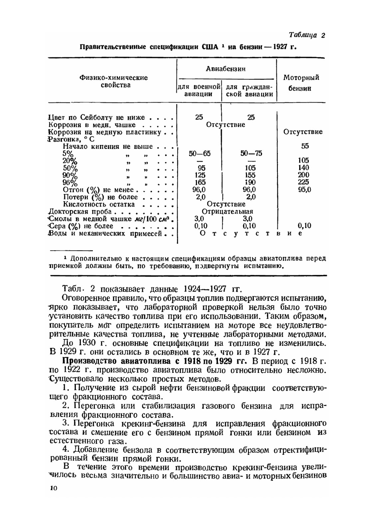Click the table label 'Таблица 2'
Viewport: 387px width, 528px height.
tap(307, 35)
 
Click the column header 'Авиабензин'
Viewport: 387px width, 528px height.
tap(226, 69)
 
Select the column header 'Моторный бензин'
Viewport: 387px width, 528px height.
tap(301, 83)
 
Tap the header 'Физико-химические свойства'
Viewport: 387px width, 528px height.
tap(113, 81)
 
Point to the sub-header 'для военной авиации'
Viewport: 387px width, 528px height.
tap(199, 90)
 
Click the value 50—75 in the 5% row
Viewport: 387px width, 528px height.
tap(251, 154)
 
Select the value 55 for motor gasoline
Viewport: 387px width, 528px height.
tap(305, 146)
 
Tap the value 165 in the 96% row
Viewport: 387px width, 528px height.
tap(200, 182)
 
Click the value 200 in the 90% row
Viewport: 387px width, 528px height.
tap(303, 175)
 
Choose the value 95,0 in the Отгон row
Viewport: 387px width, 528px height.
tap(303, 190)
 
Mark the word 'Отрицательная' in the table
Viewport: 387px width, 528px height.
tap(227, 212)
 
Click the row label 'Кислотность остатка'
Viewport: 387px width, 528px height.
tap(99, 204)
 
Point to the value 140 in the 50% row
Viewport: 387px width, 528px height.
tap(303, 168)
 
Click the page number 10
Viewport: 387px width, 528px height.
tap(53, 488)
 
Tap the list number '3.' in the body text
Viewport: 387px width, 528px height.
tap(66, 423)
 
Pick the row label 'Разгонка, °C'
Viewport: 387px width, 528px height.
tap(71, 139)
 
